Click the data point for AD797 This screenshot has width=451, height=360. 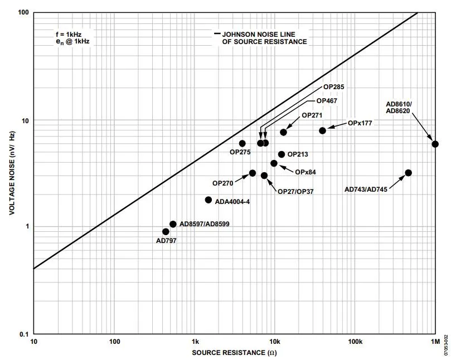[166, 231]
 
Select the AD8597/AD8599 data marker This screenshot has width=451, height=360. [173, 224]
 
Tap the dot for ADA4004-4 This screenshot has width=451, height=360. [208, 200]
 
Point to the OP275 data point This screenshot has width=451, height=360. [242, 143]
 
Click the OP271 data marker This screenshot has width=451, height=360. [283, 132]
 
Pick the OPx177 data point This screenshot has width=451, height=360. [322, 130]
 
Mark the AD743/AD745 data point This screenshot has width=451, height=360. [408, 173]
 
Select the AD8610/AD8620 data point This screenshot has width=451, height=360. [435, 144]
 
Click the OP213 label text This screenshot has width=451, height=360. [298, 154]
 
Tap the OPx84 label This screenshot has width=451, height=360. [305, 172]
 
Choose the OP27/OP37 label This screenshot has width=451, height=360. [295, 191]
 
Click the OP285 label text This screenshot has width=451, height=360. [334, 87]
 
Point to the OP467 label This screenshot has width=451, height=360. [327, 101]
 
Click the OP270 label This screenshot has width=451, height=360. [223, 183]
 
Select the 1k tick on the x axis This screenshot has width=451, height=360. [195, 341]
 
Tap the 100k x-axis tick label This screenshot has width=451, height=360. [355, 341]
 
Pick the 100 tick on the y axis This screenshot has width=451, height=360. [23, 12]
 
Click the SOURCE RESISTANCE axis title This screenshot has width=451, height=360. [234, 353]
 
